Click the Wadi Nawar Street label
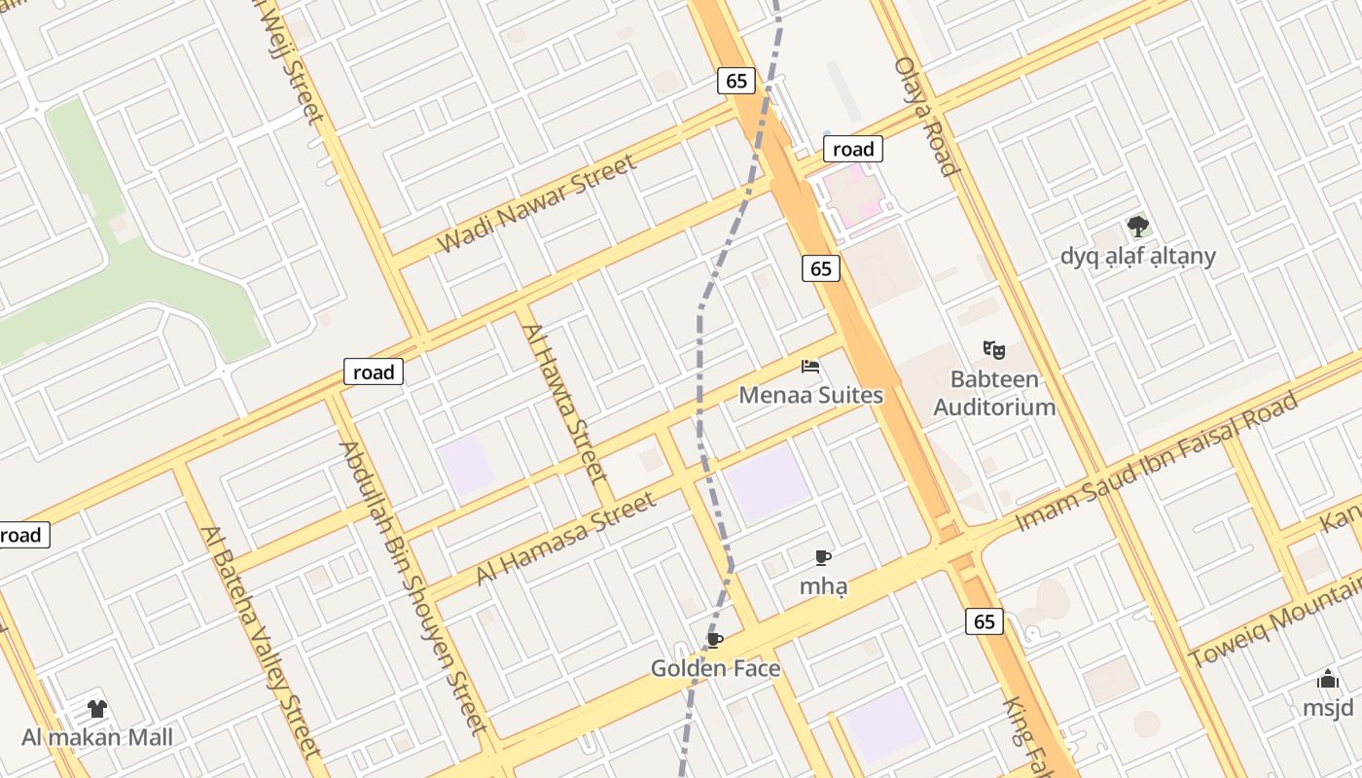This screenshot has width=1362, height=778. click(538, 203)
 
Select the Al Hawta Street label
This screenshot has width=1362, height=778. click(565, 403)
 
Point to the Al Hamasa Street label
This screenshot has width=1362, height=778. click(565, 539)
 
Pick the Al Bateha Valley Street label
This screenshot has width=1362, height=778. click(260, 642)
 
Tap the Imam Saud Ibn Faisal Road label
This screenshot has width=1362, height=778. click(1157, 461)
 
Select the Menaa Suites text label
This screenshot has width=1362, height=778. click(811, 395)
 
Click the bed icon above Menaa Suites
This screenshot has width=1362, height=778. click(810, 367)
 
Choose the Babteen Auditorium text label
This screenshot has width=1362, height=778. click(994, 393)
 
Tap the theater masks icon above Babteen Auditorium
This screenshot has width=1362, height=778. click(993, 348)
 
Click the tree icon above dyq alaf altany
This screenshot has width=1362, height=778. click(1137, 228)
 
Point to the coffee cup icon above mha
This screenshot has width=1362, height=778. click(822, 558)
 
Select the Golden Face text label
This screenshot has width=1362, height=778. click(715, 668)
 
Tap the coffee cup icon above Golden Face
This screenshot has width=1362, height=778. click(715, 640)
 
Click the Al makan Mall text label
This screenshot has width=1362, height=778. click(97, 737)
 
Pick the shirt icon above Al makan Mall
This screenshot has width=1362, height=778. click(96, 709)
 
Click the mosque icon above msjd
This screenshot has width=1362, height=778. click(1328, 680)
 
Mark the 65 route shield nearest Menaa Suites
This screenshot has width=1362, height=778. click(821, 268)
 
